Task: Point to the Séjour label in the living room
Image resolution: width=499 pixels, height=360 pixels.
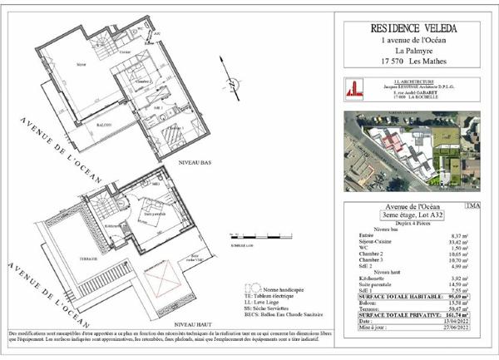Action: [x=82, y=62]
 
